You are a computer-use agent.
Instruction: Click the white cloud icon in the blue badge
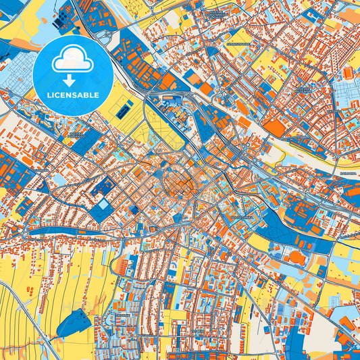[72, 59]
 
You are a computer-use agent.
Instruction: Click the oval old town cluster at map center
[178, 181]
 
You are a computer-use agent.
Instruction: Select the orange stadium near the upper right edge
[348, 72]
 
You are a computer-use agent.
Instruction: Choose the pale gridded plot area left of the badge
[17, 74]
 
